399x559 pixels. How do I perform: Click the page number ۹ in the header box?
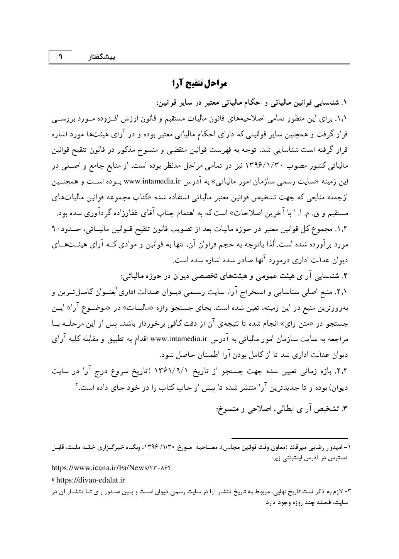[61, 57]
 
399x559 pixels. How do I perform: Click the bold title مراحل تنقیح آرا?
[199, 83]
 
